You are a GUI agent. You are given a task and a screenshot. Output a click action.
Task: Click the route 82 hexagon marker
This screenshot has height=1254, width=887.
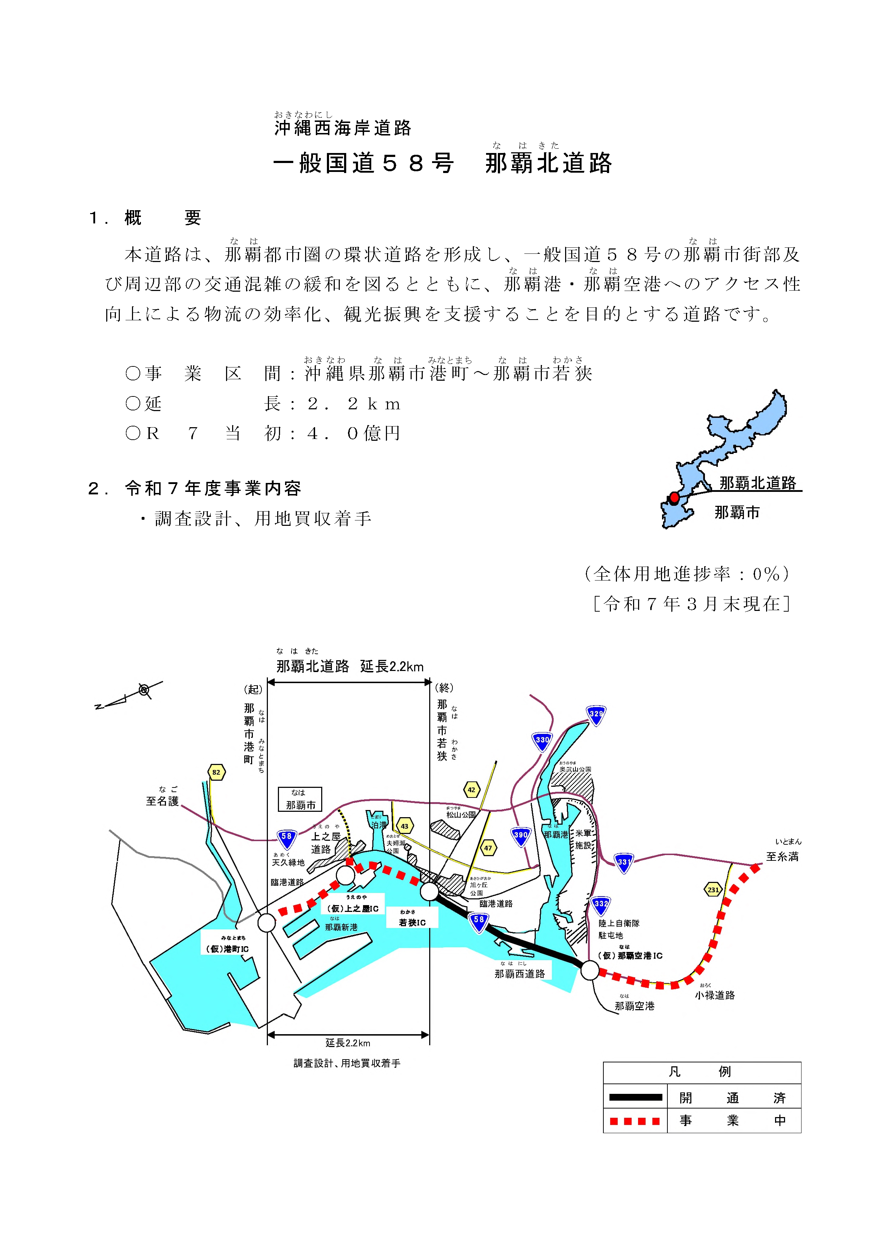click(216, 772)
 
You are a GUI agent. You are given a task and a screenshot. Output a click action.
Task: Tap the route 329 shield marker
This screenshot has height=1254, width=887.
click(596, 714)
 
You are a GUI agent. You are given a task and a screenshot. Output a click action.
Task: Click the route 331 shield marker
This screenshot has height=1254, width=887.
click(623, 863)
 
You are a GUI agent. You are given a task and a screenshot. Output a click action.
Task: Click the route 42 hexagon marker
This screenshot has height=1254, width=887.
click(471, 790)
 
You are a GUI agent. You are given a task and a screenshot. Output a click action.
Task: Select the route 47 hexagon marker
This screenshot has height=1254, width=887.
click(488, 848)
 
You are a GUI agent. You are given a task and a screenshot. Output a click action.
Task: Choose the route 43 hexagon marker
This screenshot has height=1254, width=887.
click(405, 826)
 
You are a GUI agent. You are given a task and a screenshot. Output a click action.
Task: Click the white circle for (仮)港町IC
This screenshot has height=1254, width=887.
click(267, 923)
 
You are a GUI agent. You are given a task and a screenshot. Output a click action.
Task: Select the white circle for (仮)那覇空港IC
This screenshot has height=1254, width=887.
click(590, 971)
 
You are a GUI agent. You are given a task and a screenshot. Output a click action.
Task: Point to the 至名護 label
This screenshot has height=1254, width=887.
click(162, 801)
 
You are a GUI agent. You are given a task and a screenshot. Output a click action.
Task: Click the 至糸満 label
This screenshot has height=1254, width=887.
click(782, 856)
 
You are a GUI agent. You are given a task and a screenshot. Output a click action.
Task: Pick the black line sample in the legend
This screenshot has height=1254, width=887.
click(635, 1097)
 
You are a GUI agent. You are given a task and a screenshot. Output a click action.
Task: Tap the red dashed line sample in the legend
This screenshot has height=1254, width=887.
click(635, 1121)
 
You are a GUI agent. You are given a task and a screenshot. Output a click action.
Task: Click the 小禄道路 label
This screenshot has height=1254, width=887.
click(715, 995)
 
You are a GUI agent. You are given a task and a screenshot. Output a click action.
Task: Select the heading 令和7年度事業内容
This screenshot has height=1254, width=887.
click(213, 488)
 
